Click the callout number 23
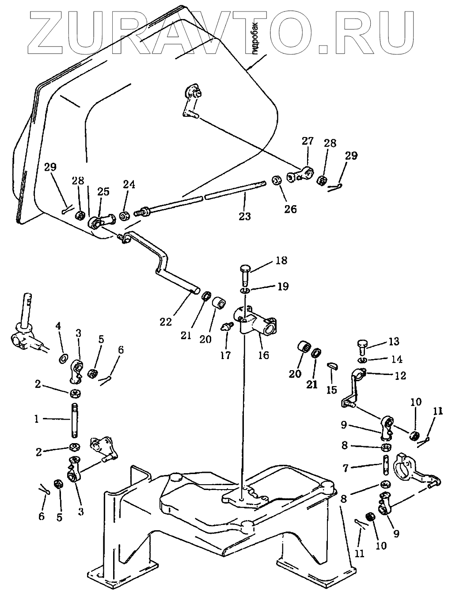coord(244,216)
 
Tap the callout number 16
coord(263,355)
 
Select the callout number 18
coord(281,260)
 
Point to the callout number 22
coord(166,322)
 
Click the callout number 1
coord(37,419)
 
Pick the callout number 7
coord(346,468)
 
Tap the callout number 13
coord(394,342)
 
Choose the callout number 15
coord(332,390)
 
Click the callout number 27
coord(308,141)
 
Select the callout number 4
coord(58,326)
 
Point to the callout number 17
coord(225,356)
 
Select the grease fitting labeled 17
coord(226,327)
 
